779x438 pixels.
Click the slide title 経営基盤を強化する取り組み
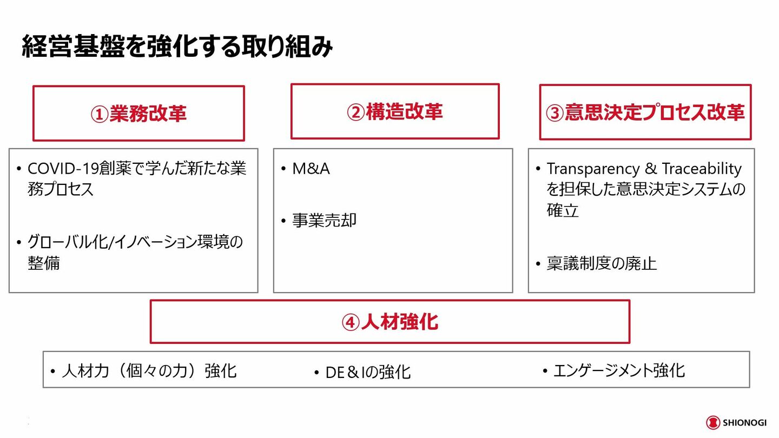(177, 47)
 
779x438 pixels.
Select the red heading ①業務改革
(138, 114)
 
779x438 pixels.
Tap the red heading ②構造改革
(395, 111)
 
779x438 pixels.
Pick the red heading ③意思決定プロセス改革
(645, 112)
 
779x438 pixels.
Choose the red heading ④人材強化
(390, 322)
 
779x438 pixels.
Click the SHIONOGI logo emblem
(713, 423)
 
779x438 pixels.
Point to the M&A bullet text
(311, 169)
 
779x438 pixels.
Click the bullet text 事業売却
(324, 221)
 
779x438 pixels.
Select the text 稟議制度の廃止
(602, 263)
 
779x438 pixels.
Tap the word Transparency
(593, 169)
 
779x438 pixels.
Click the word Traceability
(702, 169)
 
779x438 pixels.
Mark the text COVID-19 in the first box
(63, 169)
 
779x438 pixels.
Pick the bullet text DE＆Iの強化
(368, 372)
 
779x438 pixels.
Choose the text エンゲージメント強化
(619, 370)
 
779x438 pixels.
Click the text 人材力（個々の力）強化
(149, 371)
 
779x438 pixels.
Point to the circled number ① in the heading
(100, 115)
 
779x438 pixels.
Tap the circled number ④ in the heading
(351, 323)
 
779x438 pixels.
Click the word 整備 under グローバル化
(43, 263)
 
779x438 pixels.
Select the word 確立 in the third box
(563, 210)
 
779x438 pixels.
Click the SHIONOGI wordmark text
(745, 423)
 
